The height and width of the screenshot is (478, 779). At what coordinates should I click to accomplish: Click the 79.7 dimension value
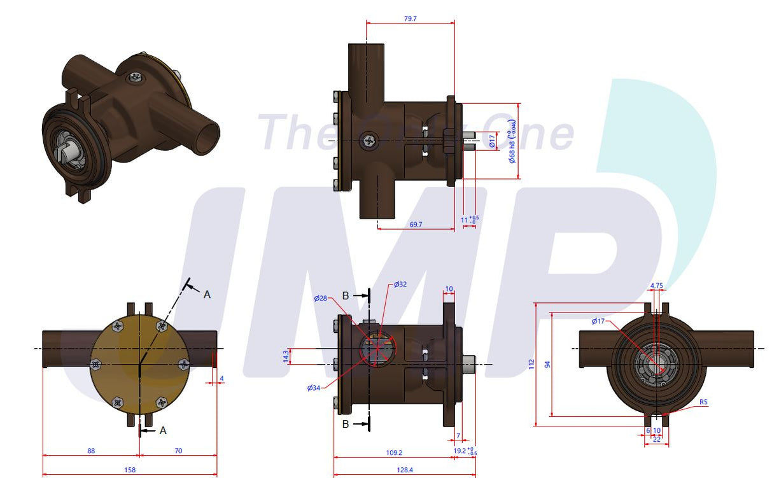pyautogui.click(x=410, y=19)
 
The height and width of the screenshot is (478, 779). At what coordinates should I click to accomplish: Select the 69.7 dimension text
pyautogui.click(x=416, y=225)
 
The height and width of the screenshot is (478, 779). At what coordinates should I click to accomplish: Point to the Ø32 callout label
pyautogui.click(x=400, y=285)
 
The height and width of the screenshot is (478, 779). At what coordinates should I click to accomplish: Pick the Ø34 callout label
pyautogui.click(x=314, y=388)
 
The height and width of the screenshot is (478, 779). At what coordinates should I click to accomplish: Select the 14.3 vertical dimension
pyautogui.click(x=286, y=357)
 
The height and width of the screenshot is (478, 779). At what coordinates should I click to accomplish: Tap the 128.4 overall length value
pyautogui.click(x=404, y=470)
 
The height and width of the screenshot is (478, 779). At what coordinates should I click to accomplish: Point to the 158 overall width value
pyautogui.click(x=130, y=470)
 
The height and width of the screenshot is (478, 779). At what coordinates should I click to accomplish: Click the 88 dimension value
pyautogui.click(x=91, y=451)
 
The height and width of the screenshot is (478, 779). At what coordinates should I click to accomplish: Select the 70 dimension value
pyautogui.click(x=178, y=451)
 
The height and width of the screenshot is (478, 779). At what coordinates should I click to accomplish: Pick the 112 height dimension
pyautogui.click(x=531, y=364)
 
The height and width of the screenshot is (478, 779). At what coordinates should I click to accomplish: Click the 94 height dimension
pyautogui.click(x=547, y=365)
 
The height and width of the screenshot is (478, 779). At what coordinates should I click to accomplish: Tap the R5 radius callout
pyautogui.click(x=703, y=402)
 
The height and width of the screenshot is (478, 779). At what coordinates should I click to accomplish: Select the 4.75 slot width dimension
pyautogui.click(x=656, y=286)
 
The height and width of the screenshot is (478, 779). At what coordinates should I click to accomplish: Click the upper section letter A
pyautogui.click(x=206, y=294)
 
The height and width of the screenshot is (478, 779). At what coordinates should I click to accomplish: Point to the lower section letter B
pyautogui.click(x=346, y=424)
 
